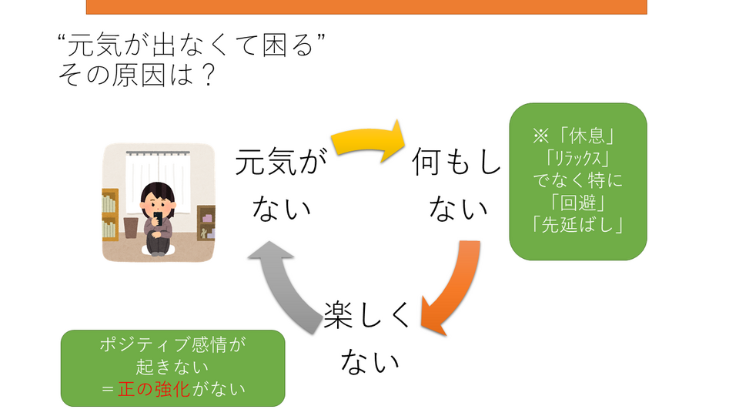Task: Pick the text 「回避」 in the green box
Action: pyautogui.click(x=578, y=204)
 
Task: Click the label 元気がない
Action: pyautogui.click(x=277, y=185)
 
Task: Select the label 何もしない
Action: pyautogui.click(x=456, y=185)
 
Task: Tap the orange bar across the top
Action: pyautogui.click(x=366, y=7)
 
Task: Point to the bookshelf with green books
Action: pyautogui.click(x=109, y=216)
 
